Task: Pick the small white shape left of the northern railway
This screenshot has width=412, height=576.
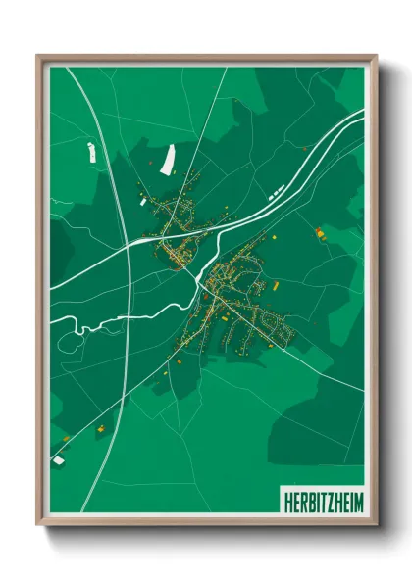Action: (x=91, y=152)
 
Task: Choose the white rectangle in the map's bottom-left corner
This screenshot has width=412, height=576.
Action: (x=58, y=458)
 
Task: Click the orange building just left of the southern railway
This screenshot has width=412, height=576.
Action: (x=98, y=428)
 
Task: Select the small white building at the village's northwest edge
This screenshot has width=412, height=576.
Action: (x=143, y=201)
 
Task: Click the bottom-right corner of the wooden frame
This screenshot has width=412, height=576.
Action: (x=376, y=526)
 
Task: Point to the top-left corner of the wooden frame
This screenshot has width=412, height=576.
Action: (x=38, y=56)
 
